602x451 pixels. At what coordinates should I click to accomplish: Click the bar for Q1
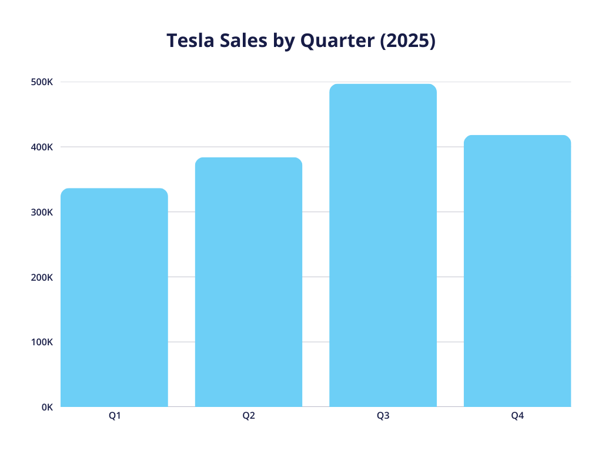[x=114, y=298]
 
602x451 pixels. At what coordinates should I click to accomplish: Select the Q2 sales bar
[x=249, y=282]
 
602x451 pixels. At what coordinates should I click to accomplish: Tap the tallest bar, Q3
[x=383, y=245]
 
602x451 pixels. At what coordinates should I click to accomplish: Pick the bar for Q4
[x=517, y=271]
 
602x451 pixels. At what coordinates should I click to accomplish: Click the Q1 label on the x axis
[x=114, y=416]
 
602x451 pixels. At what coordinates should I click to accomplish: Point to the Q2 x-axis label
[x=249, y=416]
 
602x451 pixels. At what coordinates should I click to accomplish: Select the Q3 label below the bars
[x=383, y=416]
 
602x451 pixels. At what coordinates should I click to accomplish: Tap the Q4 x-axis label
[x=517, y=416]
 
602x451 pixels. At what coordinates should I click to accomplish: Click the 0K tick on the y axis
[x=46, y=407]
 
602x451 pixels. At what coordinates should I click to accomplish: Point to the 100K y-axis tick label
[x=42, y=342]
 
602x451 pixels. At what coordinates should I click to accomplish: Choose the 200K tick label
[x=42, y=277]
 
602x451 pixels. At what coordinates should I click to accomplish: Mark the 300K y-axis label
[x=42, y=212]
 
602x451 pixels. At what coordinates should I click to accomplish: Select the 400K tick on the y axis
[x=42, y=147]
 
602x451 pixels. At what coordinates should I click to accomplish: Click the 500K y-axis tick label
[x=42, y=82]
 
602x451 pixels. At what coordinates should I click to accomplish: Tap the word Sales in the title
[x=236, y=41]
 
